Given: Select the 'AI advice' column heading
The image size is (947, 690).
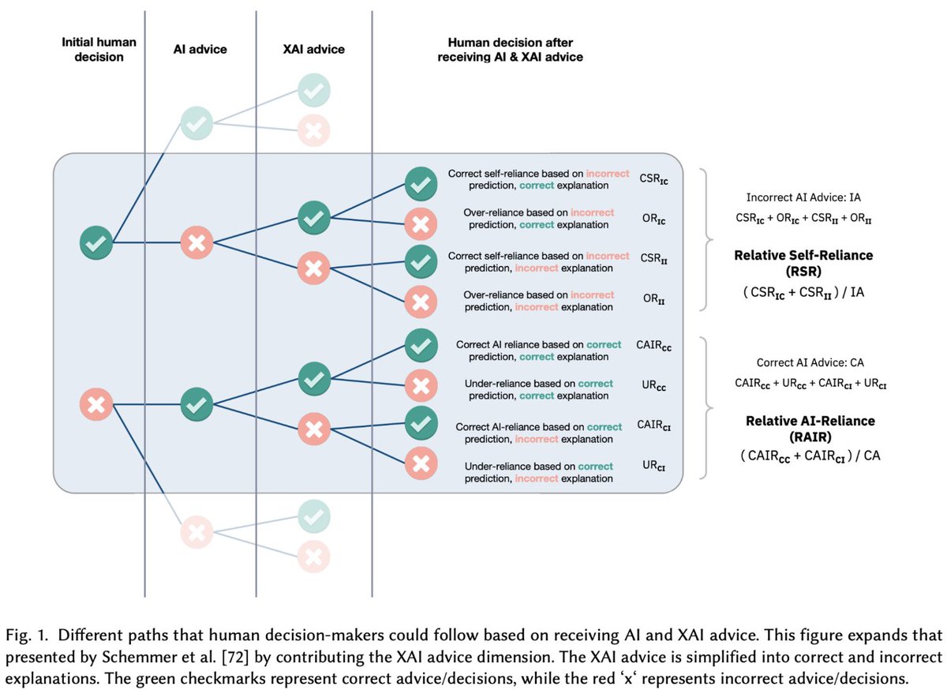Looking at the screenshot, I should (200, 49).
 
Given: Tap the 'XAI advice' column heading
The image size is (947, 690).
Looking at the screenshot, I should (314, 49).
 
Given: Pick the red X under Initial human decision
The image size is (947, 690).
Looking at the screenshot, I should (96, 406).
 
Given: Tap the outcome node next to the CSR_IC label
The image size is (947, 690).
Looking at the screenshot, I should (421, 184).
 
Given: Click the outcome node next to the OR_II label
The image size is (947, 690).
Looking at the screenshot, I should (421, 300).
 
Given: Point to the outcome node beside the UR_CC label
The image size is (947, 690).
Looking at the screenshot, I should (421, 386).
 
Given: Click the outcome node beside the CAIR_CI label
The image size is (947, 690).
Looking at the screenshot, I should (421, 422).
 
